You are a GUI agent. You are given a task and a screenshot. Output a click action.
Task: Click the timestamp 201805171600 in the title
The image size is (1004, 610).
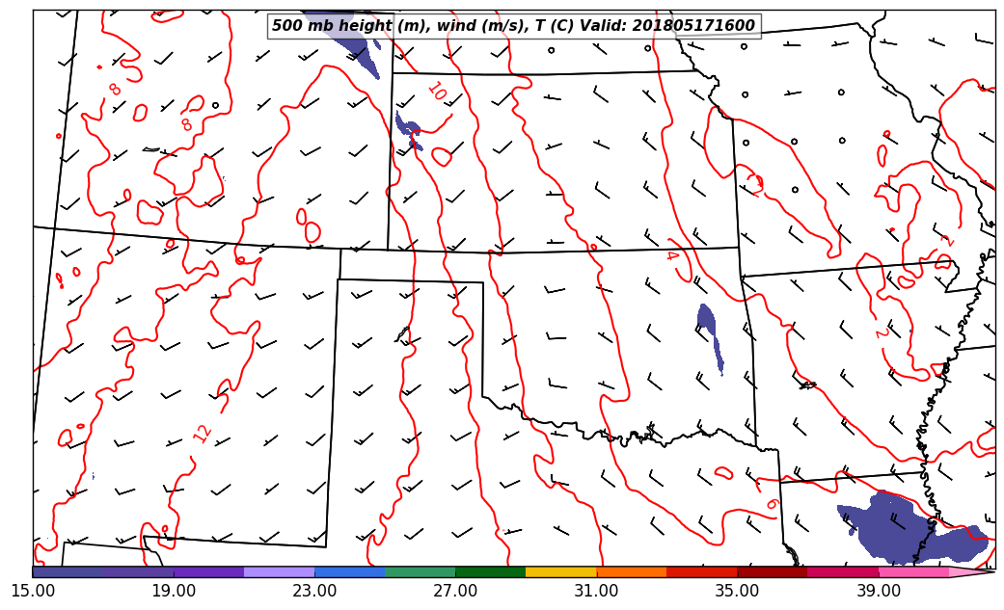pos(693,26)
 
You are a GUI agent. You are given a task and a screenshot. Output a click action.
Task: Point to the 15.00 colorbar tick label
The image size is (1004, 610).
pos(33,590)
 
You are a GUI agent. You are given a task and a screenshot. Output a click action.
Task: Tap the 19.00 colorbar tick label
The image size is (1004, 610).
pos(174,590)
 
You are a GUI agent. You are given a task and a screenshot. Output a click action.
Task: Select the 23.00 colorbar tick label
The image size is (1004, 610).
pos(314,590)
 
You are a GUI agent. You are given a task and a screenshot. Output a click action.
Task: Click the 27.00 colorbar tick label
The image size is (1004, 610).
pos(455,590)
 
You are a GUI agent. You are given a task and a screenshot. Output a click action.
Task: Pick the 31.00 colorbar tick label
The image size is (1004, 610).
pos(596,590)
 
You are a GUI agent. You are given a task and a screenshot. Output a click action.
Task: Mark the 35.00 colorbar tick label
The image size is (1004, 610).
pos(737,590)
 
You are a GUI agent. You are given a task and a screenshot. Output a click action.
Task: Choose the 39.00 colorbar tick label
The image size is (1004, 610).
pos(878,590)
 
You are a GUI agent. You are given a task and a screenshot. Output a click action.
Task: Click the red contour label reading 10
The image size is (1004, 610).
pos(436,92)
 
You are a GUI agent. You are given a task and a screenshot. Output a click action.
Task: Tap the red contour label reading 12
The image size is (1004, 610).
pos(203,433)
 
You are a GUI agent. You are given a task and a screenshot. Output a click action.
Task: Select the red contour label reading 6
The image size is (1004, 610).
pos(771,503)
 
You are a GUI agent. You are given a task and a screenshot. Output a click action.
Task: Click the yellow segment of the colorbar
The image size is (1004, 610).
pos(560,572)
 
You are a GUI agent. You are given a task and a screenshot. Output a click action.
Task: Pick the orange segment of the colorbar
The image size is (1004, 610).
pos(631,572)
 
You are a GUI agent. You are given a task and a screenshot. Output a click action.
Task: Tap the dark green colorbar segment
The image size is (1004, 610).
pos(490,572)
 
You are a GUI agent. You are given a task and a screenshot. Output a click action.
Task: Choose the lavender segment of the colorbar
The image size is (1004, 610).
pos(279,572)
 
